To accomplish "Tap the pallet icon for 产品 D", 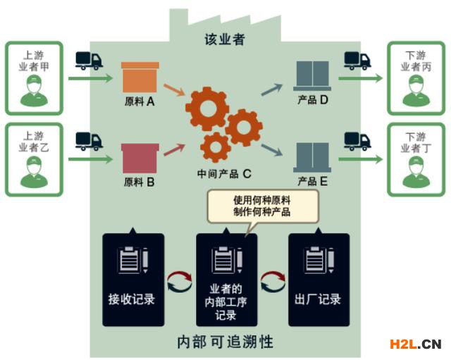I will (x=312, y=77).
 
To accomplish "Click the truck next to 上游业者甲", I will (x=88, y=61).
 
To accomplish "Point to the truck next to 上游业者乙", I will (x=88, y=141).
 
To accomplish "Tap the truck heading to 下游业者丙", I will (x=357, y=61).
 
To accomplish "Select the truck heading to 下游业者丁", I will (x=357, y=141).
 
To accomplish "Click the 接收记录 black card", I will (x=132, y=280).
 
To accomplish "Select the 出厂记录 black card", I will (x=319, y=280).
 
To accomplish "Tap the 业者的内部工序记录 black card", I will (x=226, y=280).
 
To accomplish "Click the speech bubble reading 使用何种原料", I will (x=261, y=205).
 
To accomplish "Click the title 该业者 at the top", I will (x=225, y=39).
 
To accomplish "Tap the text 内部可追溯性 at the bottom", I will (x=225, y=342).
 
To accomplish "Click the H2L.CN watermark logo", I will (x=416, y=344).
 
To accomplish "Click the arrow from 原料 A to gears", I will (x=173, y=90).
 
